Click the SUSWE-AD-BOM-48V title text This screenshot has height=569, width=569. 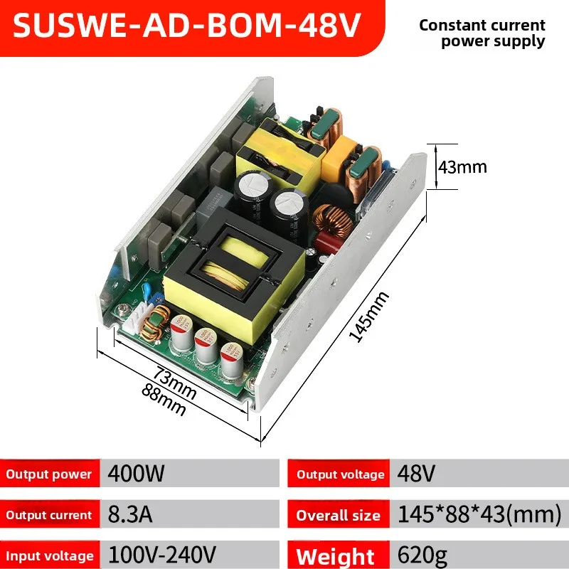(x=187, y=25)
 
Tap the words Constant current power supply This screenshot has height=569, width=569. (x=482, y=33)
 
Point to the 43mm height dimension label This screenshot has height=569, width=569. (x=462, y=167)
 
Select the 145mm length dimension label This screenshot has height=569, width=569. (x=368, y=317)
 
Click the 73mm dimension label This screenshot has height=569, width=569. (x=175, y=383)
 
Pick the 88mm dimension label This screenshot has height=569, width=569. (x=164, y=399)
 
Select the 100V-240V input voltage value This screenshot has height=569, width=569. (x=162, y=555)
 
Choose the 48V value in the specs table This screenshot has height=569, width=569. (x=416, y=473)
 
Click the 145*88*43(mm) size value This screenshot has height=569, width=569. (x=479, y=514)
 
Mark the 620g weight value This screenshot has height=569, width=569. (x=422, y=556)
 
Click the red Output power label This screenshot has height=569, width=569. (x=49, y=474)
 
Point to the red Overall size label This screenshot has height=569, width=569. (x=339, y=515)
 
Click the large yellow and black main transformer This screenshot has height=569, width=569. (x=235, y=276)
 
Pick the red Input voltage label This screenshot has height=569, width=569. (x=50, y=556)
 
